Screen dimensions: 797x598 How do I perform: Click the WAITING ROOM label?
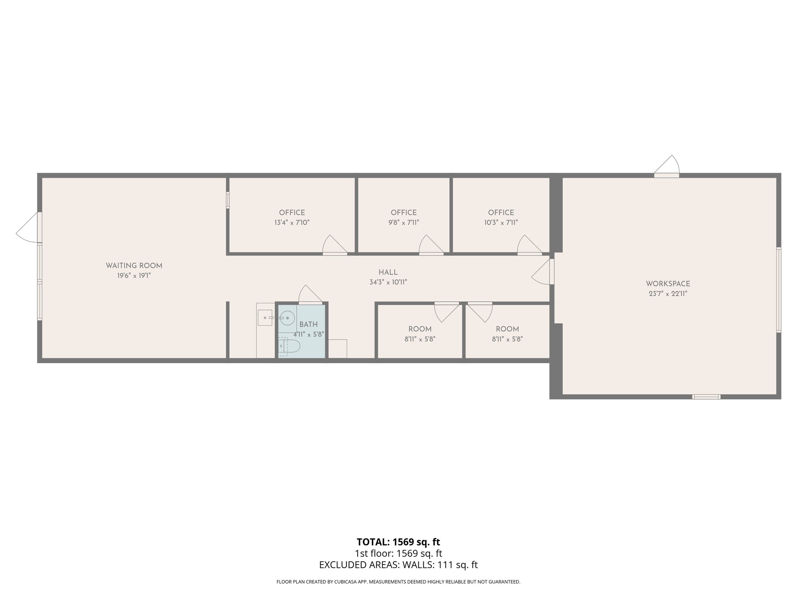point(134,266)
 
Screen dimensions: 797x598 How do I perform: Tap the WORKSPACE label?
point(668,284)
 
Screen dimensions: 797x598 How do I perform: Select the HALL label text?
point(388,272)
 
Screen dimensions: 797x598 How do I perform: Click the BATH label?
point(308,324)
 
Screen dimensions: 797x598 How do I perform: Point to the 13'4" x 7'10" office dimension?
point(292,223)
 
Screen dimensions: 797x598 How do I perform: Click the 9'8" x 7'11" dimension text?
point(404,223)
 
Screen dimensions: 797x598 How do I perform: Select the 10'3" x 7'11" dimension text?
point(501,223)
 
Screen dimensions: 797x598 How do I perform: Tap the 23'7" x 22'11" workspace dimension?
point(668,294)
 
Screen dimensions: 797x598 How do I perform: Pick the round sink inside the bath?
point(287,318)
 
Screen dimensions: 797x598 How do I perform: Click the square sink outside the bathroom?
point(265,318)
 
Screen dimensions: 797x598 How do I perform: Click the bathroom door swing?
point(310,294)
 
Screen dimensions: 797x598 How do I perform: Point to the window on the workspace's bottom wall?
point(706,397)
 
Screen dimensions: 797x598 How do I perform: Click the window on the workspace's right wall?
point(779,290)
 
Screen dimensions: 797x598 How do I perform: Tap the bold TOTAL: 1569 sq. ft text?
point(398,542)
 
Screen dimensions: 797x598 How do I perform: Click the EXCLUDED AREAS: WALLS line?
point(398,565)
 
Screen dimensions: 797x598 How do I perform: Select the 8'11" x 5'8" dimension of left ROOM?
point(420,339)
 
